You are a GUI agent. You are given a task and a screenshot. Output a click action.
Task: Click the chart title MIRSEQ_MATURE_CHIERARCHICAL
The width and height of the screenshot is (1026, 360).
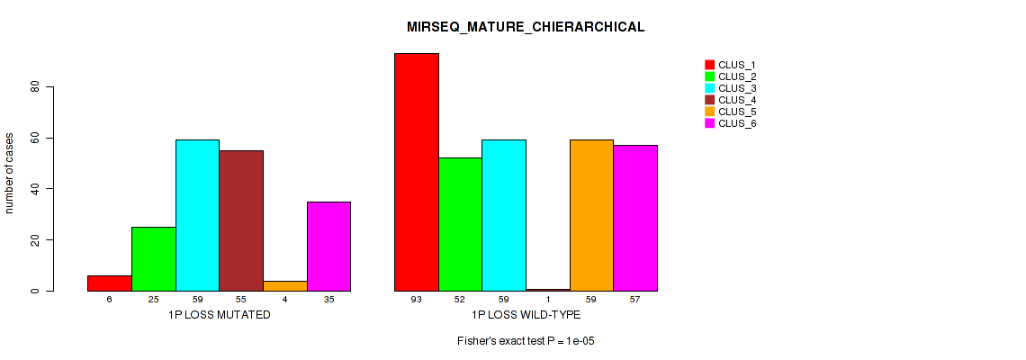(526, 27)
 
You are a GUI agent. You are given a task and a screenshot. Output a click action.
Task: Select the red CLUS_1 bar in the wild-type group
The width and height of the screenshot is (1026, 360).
(417, 172)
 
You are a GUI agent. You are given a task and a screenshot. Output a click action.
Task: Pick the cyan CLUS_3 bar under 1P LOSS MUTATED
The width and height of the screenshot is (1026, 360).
(197, 215)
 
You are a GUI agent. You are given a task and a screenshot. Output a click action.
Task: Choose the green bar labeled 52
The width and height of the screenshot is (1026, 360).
(460, 224)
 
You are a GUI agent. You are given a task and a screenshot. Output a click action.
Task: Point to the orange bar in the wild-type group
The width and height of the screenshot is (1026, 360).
(591, 215)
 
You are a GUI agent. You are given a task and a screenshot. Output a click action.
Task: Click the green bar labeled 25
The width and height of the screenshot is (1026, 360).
(154, 258)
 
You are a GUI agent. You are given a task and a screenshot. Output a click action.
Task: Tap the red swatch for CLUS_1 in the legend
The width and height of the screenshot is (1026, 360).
(709, 65)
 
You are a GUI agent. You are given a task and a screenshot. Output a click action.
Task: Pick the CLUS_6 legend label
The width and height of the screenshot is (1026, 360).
(736, 123)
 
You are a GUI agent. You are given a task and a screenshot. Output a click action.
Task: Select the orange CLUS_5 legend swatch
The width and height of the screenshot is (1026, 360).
(709, 112)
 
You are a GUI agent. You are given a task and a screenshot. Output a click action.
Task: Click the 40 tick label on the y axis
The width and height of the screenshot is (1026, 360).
(36, 189)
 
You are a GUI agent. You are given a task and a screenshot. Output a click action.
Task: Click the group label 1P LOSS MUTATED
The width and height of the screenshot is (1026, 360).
(219, 316)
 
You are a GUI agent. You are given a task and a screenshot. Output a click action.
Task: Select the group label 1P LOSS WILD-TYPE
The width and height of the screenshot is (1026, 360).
(526, 316)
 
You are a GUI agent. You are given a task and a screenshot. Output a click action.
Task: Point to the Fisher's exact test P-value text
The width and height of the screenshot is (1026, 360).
(526, 342)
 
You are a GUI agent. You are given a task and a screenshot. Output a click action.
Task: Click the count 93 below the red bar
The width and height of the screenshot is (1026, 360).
(417, 299)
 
